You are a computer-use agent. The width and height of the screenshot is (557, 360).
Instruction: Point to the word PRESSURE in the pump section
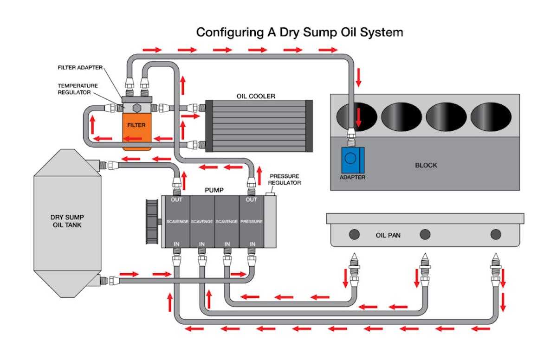pos(252,222)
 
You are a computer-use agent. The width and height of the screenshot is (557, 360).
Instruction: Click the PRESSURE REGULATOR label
pos(285,180)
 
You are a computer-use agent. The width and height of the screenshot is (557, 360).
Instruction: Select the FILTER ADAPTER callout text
pos(80,67)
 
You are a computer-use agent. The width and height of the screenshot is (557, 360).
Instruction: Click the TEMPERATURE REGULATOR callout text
pos(78,89)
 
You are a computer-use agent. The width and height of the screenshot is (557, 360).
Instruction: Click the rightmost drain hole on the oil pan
pos(496,234)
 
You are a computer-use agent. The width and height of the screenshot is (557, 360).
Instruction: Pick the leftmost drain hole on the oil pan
pos(354,234)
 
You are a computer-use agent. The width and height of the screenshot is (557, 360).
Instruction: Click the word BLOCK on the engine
pos(426,165)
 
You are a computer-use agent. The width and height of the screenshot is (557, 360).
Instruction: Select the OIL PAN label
pos(388,235)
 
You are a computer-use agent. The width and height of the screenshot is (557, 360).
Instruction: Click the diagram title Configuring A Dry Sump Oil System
pos(299,32)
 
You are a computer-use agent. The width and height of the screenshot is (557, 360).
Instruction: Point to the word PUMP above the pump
pos(214,190)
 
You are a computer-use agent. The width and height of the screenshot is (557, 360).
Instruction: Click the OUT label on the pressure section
pos(251,200)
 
